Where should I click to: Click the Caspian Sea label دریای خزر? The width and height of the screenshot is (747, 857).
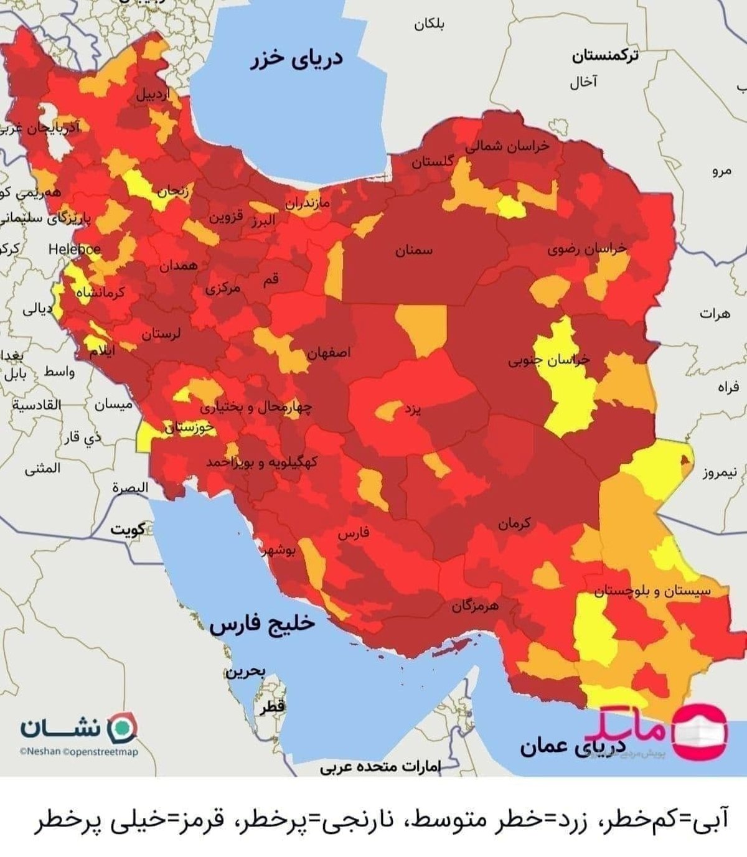click(297, 60)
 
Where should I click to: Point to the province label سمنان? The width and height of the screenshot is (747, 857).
click(413, 250)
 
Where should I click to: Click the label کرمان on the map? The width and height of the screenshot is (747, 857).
click(514, 524)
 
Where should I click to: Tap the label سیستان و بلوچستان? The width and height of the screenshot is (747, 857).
click(652, 591)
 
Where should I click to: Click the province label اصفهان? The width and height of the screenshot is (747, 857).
click(329, 353)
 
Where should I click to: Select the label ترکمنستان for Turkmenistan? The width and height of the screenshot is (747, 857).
click(605, 57)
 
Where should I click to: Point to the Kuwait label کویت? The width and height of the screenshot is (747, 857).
click(128, 530)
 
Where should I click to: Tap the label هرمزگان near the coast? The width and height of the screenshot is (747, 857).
click(475, 605)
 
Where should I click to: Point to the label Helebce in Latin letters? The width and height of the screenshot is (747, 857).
click(75, 249)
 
